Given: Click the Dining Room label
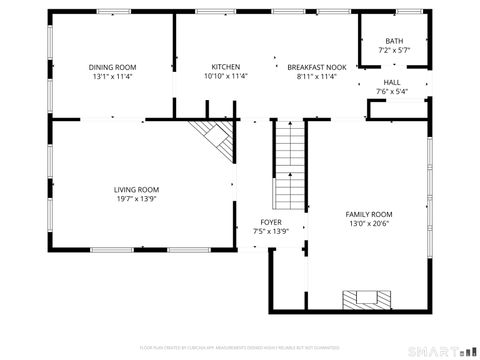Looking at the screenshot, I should coord(111,67).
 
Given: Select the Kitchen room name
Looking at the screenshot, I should coord(225,67).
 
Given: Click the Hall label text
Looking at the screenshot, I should coord(392,83).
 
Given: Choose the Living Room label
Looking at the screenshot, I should coord(136,189).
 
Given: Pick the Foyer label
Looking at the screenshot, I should coord(271,222).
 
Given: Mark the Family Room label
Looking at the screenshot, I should coord(369,215).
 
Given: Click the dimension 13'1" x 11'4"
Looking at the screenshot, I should coord(111,76).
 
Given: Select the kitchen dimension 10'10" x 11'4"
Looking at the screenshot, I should coord(225,76).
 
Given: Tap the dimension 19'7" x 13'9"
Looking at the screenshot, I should coord(136,198).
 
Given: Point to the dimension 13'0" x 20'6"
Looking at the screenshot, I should coord(369,224).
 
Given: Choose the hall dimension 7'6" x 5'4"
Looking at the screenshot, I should coord(392,92).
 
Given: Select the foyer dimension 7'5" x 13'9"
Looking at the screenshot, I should coord(271,231).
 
